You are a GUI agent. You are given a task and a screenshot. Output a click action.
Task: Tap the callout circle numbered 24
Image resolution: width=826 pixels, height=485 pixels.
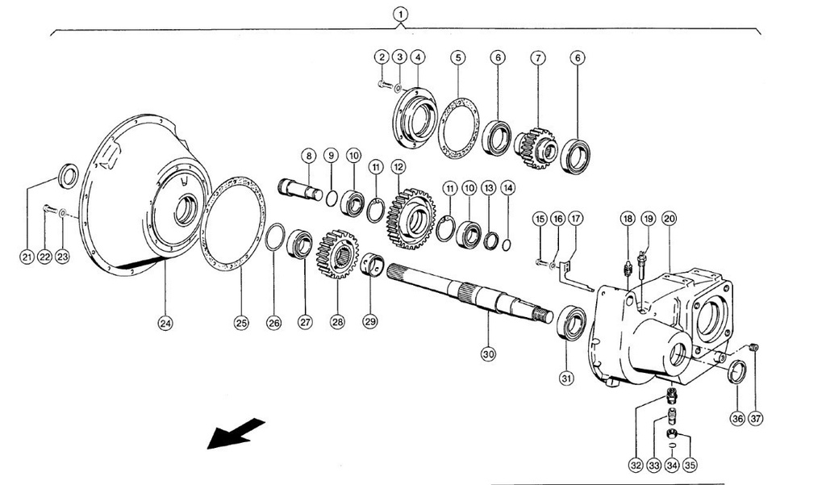click(165, 324)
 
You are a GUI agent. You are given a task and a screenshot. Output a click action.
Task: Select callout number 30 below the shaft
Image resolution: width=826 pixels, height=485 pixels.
click(487, 353)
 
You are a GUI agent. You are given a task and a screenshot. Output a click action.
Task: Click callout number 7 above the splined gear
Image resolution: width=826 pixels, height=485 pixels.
click(538, 58)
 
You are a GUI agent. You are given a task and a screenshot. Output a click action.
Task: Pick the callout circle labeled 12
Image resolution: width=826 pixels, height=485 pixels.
click(398, 166)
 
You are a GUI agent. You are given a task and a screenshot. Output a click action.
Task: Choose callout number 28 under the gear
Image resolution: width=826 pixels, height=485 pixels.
click(337, 321)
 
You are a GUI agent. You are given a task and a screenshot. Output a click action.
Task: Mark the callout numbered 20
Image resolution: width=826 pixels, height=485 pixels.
click(669, 219)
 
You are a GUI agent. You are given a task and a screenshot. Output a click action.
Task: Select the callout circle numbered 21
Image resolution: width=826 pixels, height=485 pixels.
click(27, 257)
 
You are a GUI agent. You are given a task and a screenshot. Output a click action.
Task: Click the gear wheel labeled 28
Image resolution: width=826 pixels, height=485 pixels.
click(336, 253)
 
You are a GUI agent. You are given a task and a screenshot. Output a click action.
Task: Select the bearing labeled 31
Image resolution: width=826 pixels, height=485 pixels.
click(574, 323)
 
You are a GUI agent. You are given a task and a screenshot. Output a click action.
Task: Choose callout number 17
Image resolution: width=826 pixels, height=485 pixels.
click(575, 219)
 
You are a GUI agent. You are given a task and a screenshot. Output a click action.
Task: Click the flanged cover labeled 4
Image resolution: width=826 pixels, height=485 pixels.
click(415, 119)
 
